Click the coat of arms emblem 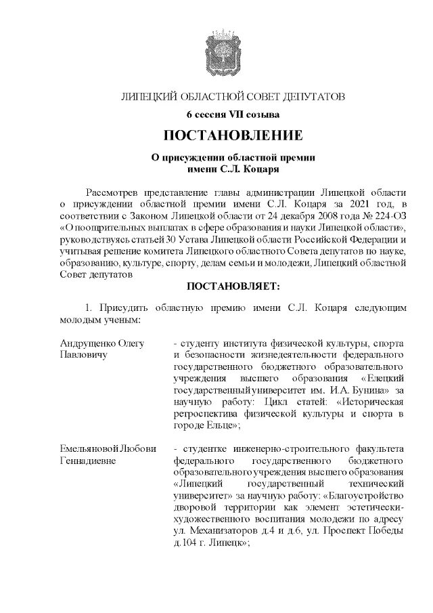[216, 51]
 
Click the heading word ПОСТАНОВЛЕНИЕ [216, 134]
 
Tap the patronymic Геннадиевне [88, 461]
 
